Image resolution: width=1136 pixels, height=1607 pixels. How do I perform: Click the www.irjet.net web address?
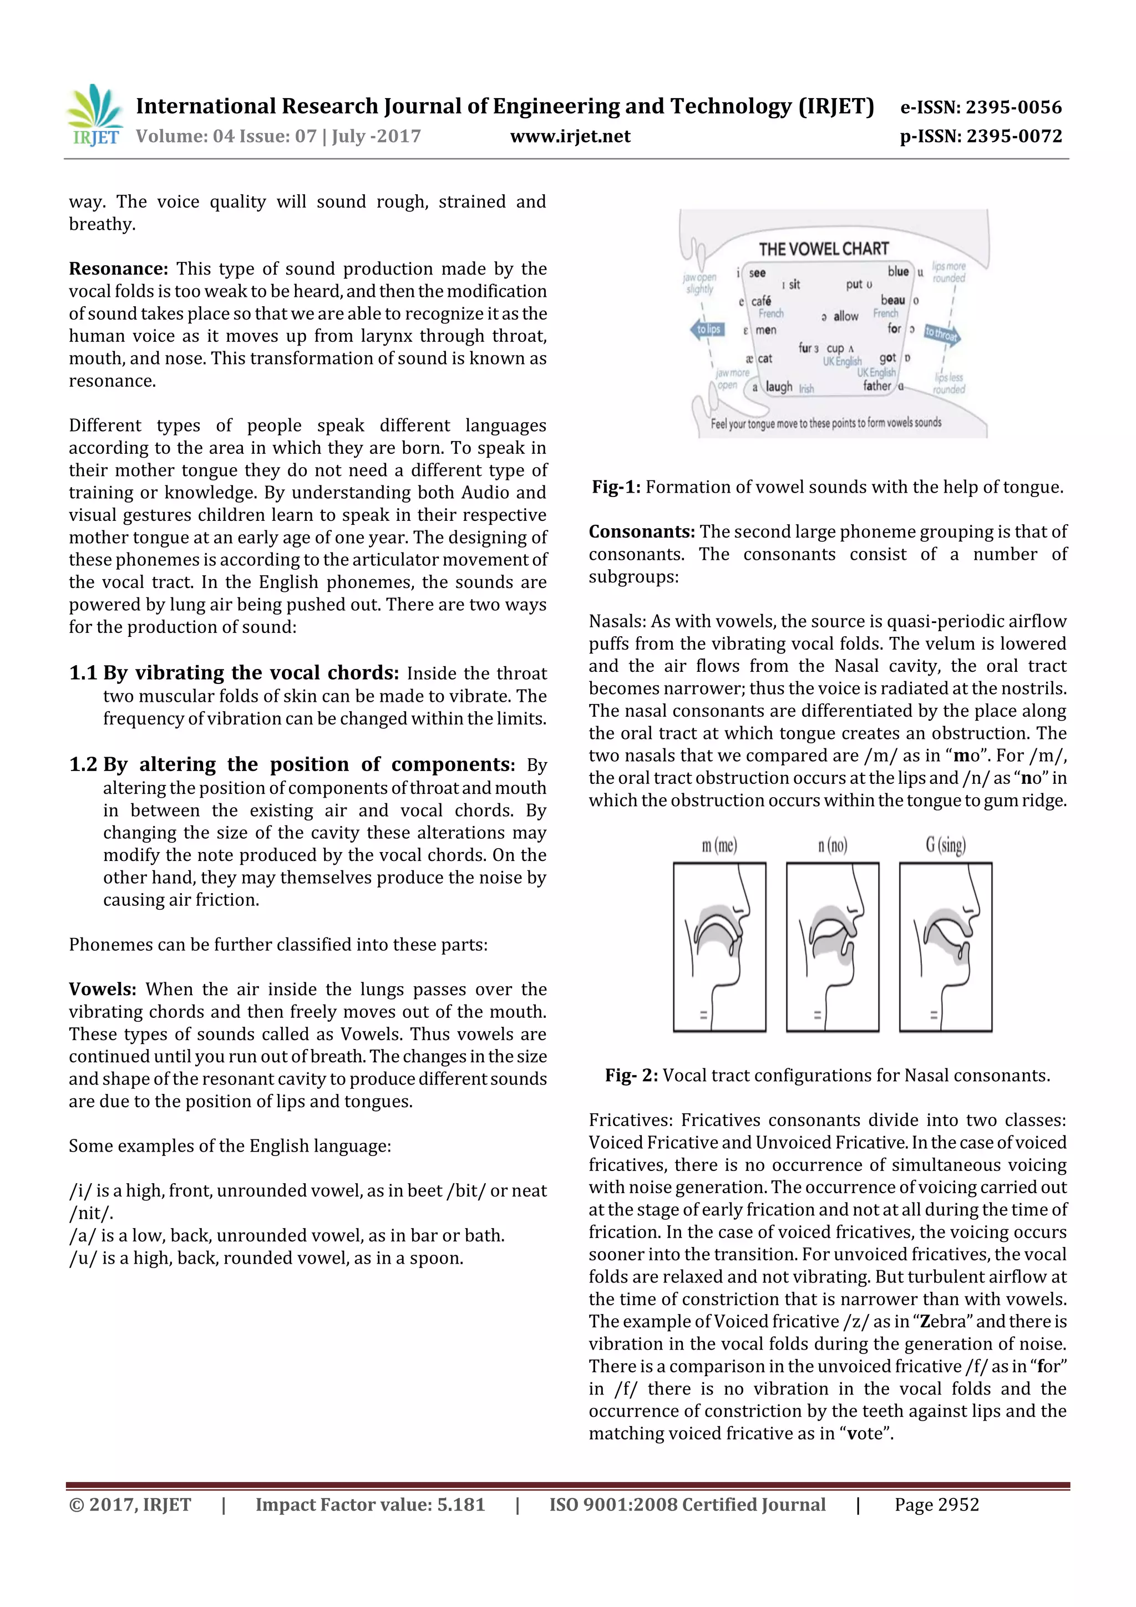point(570,136)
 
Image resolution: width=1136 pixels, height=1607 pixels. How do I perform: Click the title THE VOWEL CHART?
point(823,249)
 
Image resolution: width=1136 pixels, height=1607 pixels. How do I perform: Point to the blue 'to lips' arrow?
point(707,329)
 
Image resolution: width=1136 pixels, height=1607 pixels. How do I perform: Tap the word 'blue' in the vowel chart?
point(898,272)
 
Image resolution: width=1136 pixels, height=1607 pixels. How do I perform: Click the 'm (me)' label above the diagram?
point(719,845)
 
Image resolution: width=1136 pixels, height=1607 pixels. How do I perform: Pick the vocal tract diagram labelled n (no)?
point(832,947)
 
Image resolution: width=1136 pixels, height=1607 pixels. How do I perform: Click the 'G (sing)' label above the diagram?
point(945,845)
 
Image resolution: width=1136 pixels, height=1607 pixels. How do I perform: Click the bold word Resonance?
point(118,269)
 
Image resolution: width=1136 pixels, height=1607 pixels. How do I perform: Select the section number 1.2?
point(83,764)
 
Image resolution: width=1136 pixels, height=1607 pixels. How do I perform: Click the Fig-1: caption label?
point(616,487)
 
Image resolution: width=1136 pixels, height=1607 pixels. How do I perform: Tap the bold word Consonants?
point(641,532)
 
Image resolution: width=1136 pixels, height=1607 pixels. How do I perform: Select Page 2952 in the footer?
point(936,1505)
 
